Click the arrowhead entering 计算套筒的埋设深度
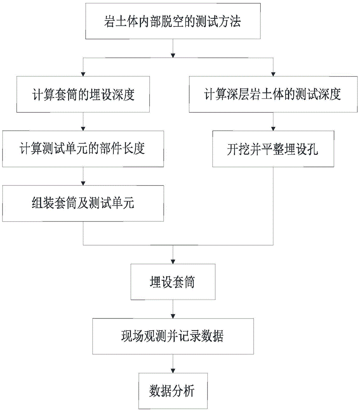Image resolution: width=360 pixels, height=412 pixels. tap(83, 74)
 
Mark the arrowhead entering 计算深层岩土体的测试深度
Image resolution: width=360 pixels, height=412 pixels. tap(273, 74)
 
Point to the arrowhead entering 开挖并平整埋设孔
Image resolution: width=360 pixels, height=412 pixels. tap(273, 129)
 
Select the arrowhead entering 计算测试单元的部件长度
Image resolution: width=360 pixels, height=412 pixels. tap(83, 129)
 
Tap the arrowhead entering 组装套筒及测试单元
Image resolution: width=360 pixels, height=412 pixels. tap(83, 183)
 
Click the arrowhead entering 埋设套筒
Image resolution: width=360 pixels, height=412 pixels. tap(173, 262)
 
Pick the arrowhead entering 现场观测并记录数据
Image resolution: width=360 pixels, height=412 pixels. tap(173, 316)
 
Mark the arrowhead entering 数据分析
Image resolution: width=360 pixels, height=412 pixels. tap(173, 371)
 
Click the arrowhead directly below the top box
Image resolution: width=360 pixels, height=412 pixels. tap(173, 56)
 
